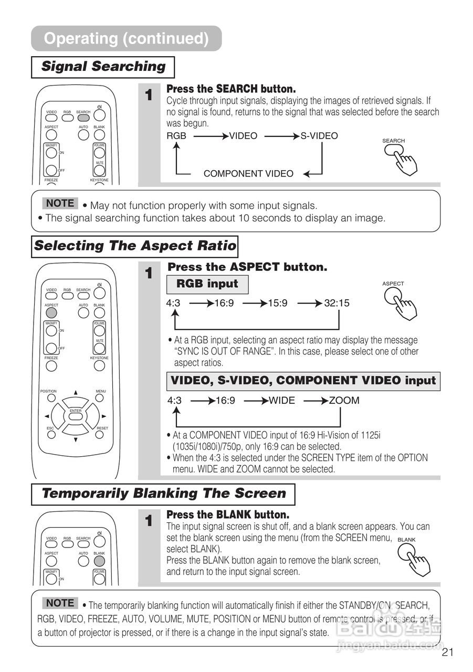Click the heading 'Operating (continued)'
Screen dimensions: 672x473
click(x=126, y=38)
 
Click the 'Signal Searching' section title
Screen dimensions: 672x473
click(x=103, y=67)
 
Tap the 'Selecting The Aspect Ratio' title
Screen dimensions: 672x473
click(x=135, y=246)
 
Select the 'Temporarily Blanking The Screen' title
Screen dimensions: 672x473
click(x=163, y=493)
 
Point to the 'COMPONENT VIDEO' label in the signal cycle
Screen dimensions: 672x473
click(x=248, y=174)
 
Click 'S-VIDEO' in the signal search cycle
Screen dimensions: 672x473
click(x=319, y=136)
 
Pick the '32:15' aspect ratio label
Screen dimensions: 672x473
click(x=337, y=303)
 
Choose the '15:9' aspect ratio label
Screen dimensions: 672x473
click(x=278, y=303)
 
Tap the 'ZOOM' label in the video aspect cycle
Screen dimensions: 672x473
click(x=344, y=401)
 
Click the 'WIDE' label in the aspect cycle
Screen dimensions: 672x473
click(x=282, y=401)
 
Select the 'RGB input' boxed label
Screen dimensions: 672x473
click(x=207, y=284)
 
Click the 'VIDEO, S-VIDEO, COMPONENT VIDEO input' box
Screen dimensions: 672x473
click(x=303, y=381)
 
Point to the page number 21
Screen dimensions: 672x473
click(x=447, y=653)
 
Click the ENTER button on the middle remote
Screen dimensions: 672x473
click(x=76, y=417)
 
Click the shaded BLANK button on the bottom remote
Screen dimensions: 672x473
click(x=99, y=560)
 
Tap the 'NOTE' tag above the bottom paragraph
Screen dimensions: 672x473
click(x=60, y=603)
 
